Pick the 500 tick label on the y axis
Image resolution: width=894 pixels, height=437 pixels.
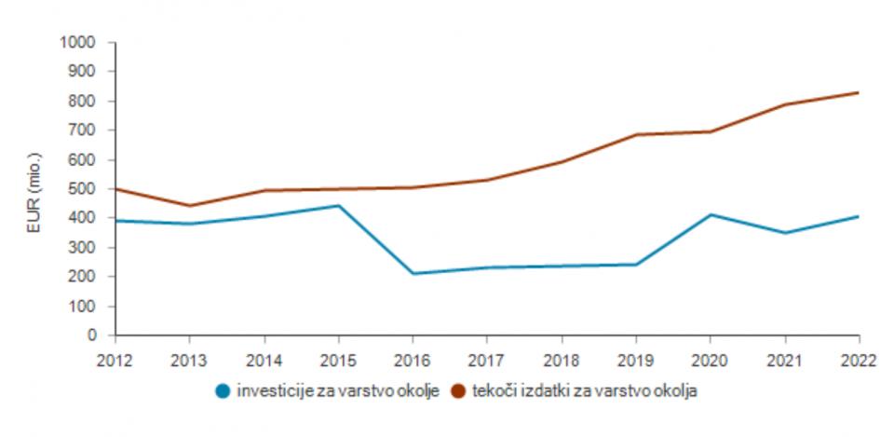point(84,189)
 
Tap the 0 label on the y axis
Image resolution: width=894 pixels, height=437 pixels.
point(94,335)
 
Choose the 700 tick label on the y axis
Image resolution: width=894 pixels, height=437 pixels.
point(84,130)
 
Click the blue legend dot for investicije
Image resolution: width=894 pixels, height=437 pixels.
point(223,391)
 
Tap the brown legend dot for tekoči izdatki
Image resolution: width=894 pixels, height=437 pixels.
point(457,391)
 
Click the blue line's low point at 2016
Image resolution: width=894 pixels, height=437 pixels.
point(413,274)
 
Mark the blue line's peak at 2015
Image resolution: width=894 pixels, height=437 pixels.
point(338,205)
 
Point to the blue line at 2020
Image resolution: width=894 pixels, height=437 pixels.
point(711,214)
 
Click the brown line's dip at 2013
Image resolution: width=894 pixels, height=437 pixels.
point(189,206)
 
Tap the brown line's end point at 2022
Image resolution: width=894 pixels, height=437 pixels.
point(858,92)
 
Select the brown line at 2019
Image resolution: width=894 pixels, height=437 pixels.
point(636,134)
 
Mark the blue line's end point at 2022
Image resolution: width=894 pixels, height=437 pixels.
point(858,216)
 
